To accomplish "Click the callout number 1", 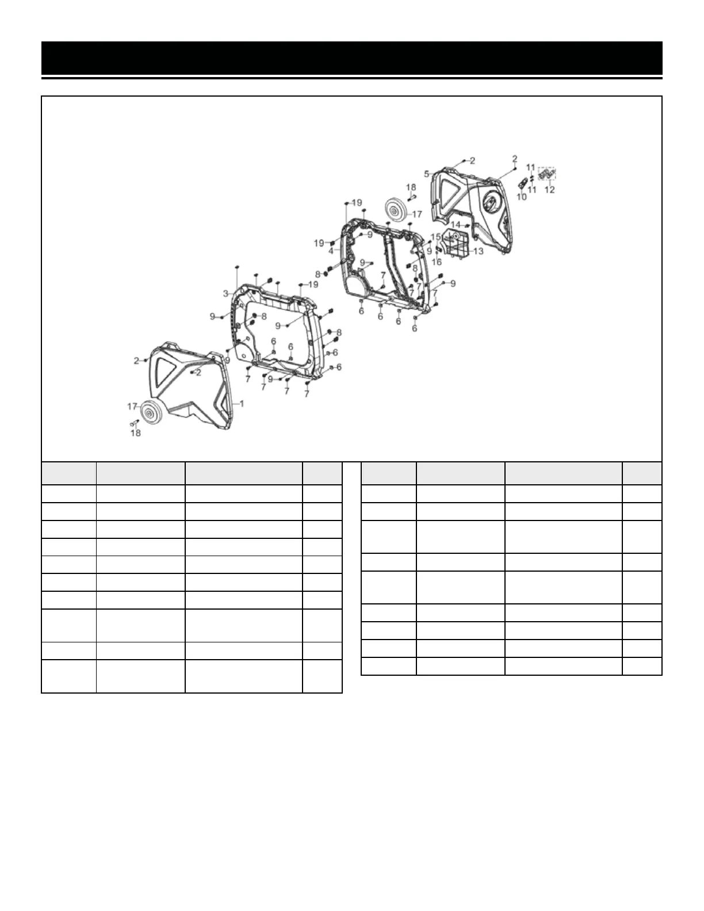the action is pos(242,404).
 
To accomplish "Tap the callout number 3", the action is pos(227,293).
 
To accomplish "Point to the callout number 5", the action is pos(427,173).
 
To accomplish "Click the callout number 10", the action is pos(522,197).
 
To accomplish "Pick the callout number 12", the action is pos(549,190).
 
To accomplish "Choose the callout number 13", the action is pos(479,251).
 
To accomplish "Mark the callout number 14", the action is pos(455,224).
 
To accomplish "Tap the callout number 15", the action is pos(435,237).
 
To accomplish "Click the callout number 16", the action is pos(437,262).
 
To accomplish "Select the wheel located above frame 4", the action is pos(395,211).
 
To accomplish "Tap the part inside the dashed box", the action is pos(547,173).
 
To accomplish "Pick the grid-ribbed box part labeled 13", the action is pos(458,244).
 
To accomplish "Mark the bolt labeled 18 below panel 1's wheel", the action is pos(133,423).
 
